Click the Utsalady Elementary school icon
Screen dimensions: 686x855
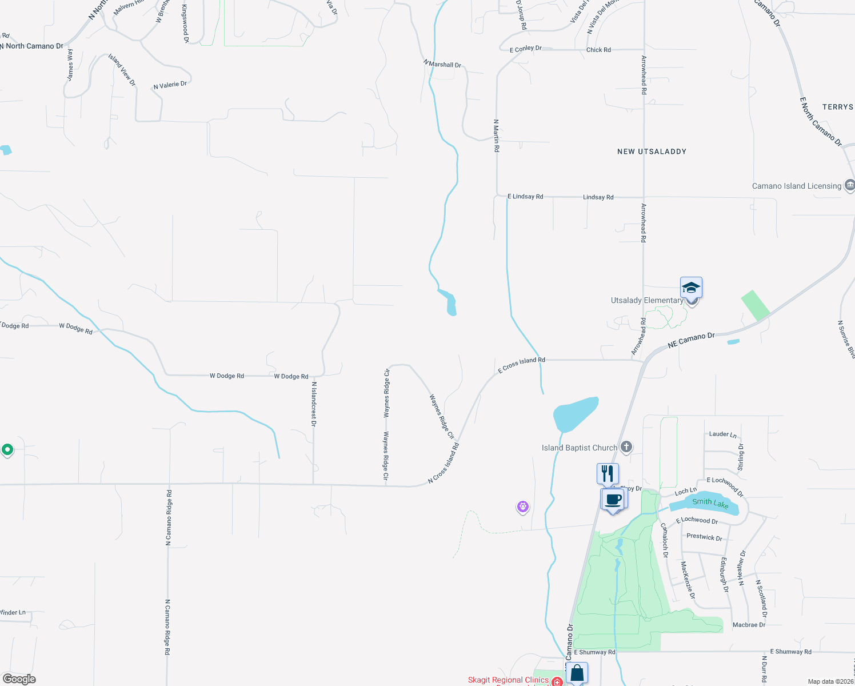tap(691, 288)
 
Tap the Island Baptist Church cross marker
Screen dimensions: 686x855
tap(626, 447)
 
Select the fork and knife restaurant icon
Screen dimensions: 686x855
tap(608, 473)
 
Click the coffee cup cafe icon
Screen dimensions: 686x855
tap(613, 499)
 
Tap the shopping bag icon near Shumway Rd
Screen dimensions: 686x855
tap(577, 673)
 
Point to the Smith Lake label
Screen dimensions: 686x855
tap(710, 503)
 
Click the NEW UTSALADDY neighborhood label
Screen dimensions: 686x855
tap(652, 151)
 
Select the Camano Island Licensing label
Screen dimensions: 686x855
tap(796, 186)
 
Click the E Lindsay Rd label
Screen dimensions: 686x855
tap(525, 196)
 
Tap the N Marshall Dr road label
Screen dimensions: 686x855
tap(442, 64)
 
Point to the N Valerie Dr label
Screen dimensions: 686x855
tap(170, 85)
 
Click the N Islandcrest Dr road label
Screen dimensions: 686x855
tap(313, 404)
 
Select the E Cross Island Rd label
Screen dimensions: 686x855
tap(521, 365)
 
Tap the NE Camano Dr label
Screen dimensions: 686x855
tap(691, 340)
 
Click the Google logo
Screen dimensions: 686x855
tap(19, 679)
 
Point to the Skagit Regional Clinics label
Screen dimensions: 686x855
tap(508, 680)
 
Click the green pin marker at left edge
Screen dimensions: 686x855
tap(7, 450)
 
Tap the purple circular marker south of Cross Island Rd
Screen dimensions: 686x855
tap(522, 506)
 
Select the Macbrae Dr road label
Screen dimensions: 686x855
tap(749, 625)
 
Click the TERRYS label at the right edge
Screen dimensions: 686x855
tap(837, 107)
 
